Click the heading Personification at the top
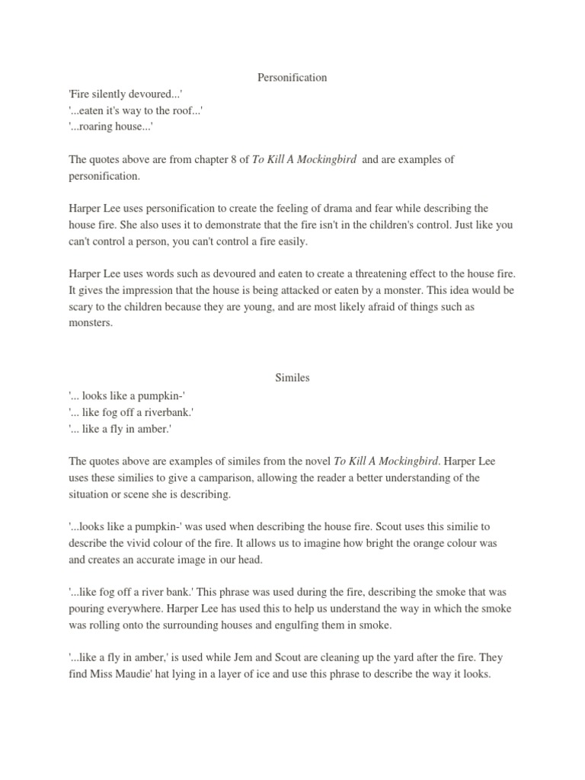point(292,77)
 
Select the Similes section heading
point(292,377)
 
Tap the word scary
point(82,307)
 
